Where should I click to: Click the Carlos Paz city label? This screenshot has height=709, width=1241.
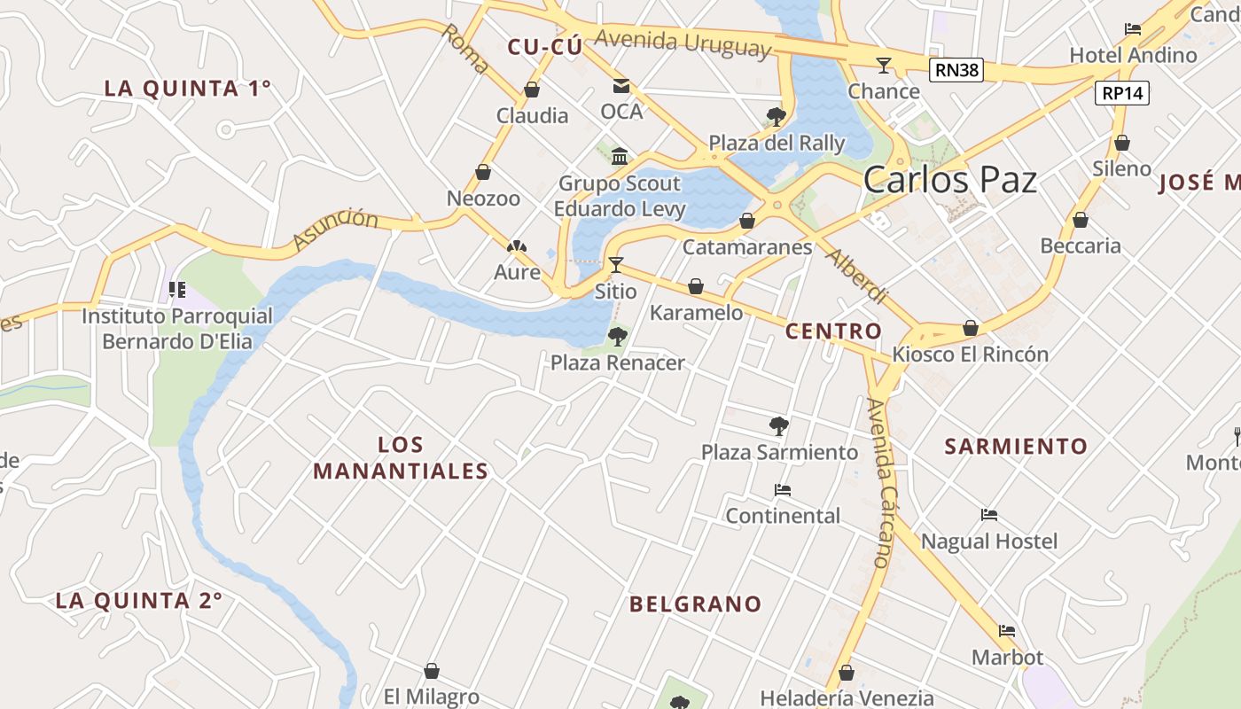tap(949, 180)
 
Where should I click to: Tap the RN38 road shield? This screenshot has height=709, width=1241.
tap(956, 70)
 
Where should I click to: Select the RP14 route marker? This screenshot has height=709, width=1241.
tap(1121, 92)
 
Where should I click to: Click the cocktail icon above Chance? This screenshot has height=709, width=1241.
tap(883, 65)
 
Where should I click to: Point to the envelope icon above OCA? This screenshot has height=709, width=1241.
tap(620, 86)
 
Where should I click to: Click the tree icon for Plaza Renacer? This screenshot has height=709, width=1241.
tap(618, 337)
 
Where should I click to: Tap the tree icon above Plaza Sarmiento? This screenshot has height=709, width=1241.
tap(779, 426)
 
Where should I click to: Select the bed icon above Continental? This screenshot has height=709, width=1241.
tap(782, 489)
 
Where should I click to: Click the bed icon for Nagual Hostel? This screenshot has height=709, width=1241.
tap(989, 515)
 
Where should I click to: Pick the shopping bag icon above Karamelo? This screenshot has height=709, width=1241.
tap(696, 286)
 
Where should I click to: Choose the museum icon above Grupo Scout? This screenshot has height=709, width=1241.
tap(620, 157)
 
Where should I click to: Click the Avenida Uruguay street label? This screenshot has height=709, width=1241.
tap(683, 42)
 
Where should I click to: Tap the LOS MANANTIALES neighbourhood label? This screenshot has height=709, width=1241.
tap(401, 458)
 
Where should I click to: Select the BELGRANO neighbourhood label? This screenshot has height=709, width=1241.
tap(695, 604)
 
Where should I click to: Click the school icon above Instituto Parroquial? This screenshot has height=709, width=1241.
tap(177, 289)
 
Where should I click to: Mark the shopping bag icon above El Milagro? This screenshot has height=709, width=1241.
tap(432, 671)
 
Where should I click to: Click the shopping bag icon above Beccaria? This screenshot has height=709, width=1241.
tap(1080, 220)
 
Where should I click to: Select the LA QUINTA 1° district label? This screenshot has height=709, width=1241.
tap(187, 89)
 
